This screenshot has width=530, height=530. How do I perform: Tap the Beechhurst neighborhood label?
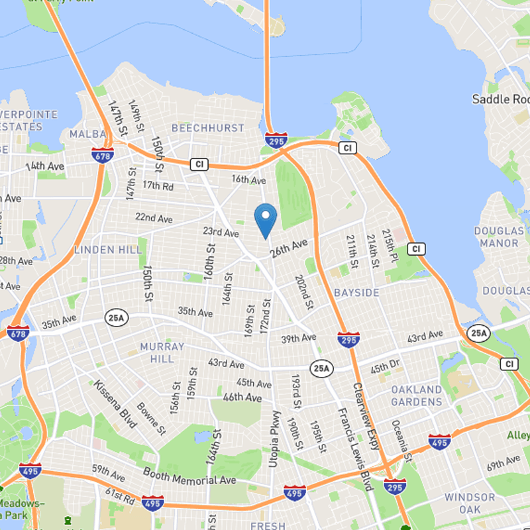click(208, 127)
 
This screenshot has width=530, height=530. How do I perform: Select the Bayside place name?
click(356, 292)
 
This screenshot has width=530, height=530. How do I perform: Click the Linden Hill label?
click(108, 250)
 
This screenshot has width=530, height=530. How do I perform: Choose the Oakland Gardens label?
click(416, 396)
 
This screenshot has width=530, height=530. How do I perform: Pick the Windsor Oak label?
click(470, 503)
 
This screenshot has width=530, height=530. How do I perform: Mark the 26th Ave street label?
click(289, 248)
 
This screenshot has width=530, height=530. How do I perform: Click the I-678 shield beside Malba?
click(102, 154)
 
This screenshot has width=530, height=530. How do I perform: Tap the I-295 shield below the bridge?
click(275, 140)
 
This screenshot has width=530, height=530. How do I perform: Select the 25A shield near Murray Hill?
click(115, 319)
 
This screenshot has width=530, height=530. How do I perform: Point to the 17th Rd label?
click(158, 187)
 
